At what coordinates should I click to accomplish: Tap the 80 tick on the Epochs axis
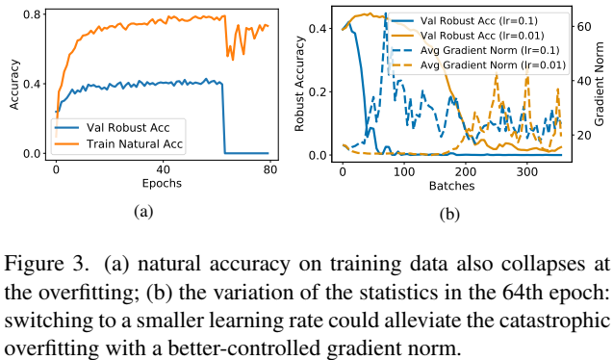click(x=270, y=168)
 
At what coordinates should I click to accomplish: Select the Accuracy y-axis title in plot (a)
click(x=13, y=85)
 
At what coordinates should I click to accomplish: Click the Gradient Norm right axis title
click(x=601, y=85)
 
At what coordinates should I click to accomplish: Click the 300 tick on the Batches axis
click(x=526, y=168)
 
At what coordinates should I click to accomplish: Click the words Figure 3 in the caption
click(x=40, y=261)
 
